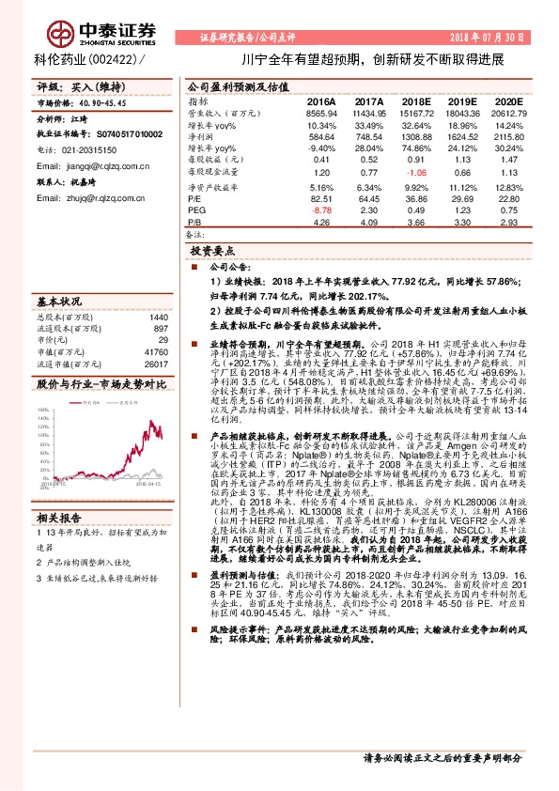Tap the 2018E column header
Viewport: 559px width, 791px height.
(x=415, y=101)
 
